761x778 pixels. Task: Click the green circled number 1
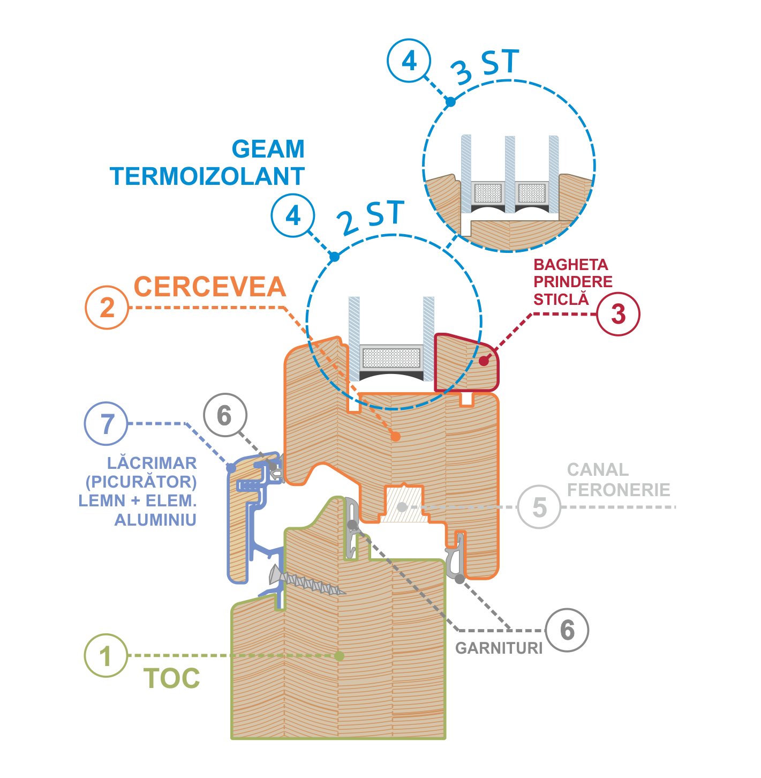(106, 656)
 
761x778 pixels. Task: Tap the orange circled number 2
(107, 308)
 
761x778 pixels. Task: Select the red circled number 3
(618, 314)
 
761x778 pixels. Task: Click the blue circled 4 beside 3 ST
(409, 61)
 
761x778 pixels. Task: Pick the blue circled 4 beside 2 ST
(293, 216)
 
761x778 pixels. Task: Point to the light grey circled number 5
(539, 507)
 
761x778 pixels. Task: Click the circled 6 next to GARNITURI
(567, 630)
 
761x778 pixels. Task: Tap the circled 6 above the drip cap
(225, 415)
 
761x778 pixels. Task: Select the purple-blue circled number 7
(107, 424)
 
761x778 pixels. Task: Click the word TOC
(172, 679)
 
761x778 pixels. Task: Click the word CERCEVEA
(210, 287)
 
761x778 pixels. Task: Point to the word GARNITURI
(499, 648)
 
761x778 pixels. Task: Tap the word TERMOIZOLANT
(208, 176)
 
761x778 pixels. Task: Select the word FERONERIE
(619, 490)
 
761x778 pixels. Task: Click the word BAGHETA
(571, 265)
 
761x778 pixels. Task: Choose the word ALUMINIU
(155, 520)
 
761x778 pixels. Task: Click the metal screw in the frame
(307, 582)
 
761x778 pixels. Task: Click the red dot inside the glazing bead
(484, 361)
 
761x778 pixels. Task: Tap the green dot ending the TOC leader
(339, 656)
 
